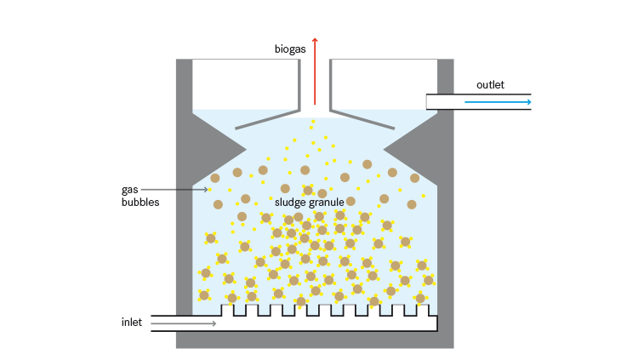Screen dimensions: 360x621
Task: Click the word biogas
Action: [x=290, y=49]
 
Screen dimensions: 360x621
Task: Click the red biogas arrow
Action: [x=315, y=72]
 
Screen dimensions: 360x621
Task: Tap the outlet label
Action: [x=490, y=84]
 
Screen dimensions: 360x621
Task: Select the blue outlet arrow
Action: [x=498, y=102]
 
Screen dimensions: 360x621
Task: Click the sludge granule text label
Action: [x=309, y=203]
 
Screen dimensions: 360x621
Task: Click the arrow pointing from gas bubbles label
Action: [x=174, y=189]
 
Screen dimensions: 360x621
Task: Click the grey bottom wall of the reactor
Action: [x=315, y=340]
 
